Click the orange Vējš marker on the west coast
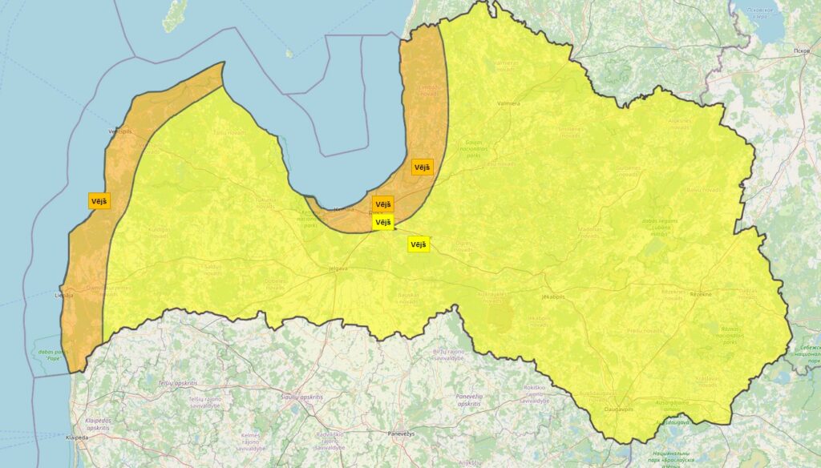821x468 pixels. (x=99, y=200)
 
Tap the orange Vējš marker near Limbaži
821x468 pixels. (x=422, y=167)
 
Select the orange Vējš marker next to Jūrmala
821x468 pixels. (x=383, y=204)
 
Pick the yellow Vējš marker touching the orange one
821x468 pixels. (x=383, y=222)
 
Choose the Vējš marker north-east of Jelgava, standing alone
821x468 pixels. (x=419, y=244)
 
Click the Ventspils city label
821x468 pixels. (x=119, y=131)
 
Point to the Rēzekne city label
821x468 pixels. (x=701, y=295)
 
